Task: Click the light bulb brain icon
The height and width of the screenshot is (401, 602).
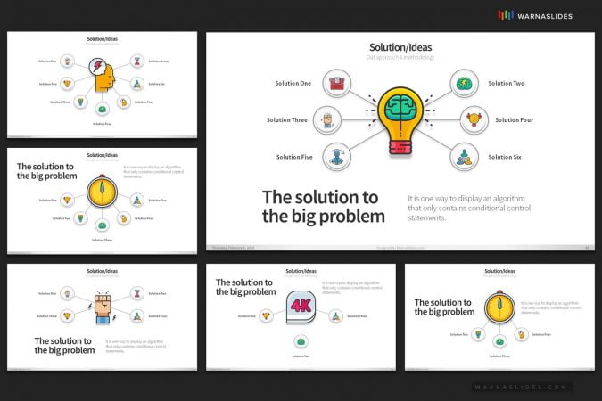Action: (x=400, y=119)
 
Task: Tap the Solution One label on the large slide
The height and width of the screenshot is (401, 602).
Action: (x=293, y=84)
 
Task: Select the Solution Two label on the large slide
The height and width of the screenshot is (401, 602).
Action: (x=506, y=84)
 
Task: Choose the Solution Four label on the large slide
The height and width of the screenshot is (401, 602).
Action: (x=514, y=120)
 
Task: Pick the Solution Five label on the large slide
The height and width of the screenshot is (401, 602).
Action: (x=294, y=157)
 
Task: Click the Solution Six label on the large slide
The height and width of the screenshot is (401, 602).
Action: (x=506, y=157)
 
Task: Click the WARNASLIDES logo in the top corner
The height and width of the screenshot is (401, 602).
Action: (x=534, y=15)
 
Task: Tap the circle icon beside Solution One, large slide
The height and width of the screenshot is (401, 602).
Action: (x=337, y=84)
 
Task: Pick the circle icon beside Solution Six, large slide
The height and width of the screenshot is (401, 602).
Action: (x=464, y=157)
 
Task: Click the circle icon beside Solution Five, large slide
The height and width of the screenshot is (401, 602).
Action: (x=336, y=157)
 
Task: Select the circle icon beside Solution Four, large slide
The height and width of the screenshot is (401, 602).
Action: (x=473, y=120)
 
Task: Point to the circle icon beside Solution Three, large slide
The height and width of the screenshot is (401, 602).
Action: (x=327, y=120)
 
